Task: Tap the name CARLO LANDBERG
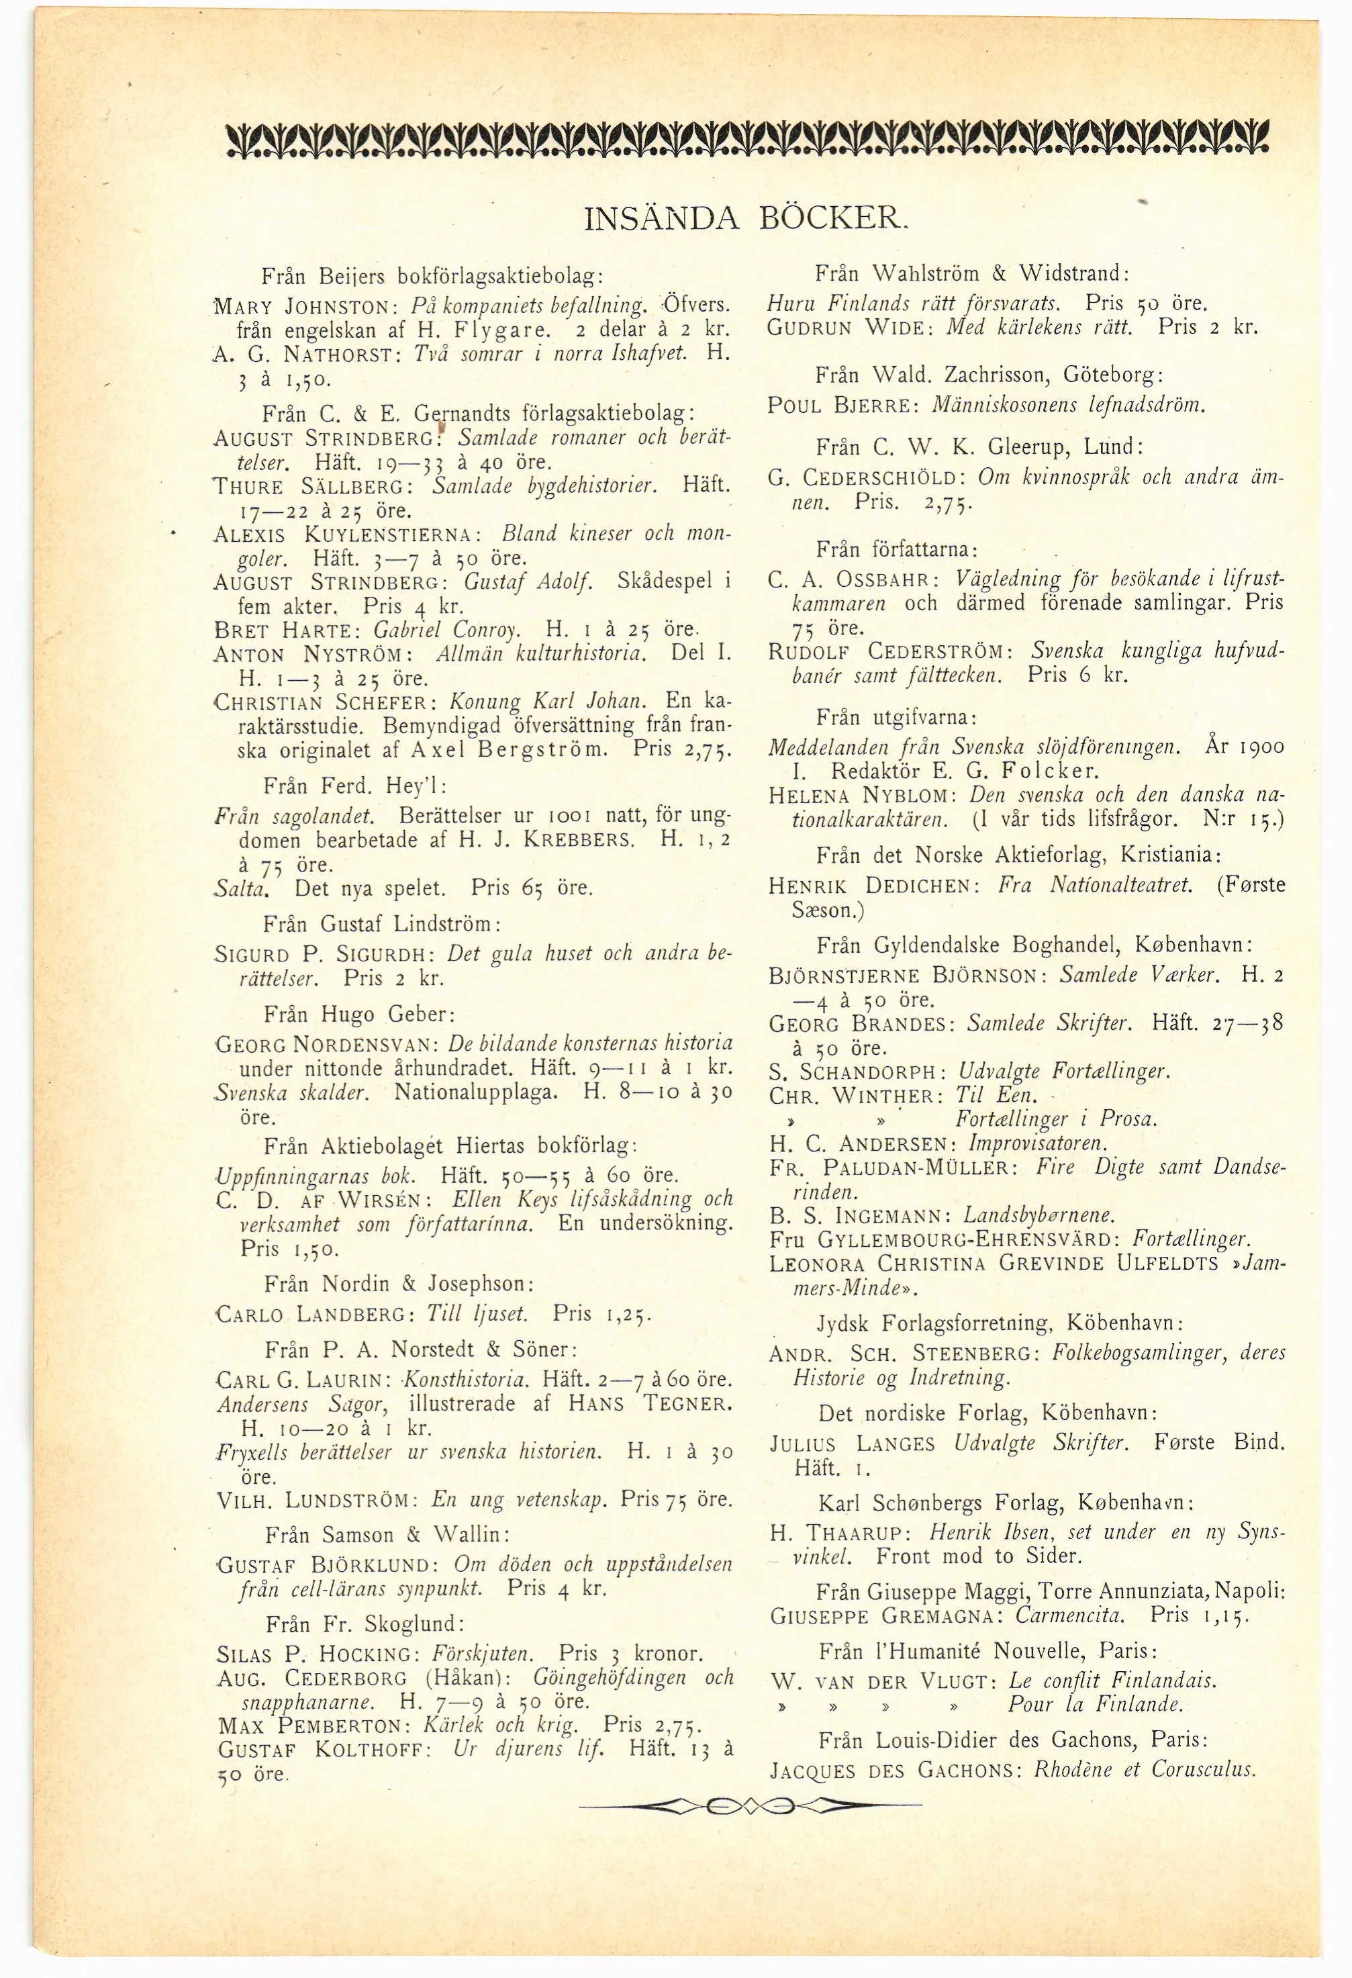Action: [309, 1314]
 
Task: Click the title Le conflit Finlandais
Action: [1112, 1681]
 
